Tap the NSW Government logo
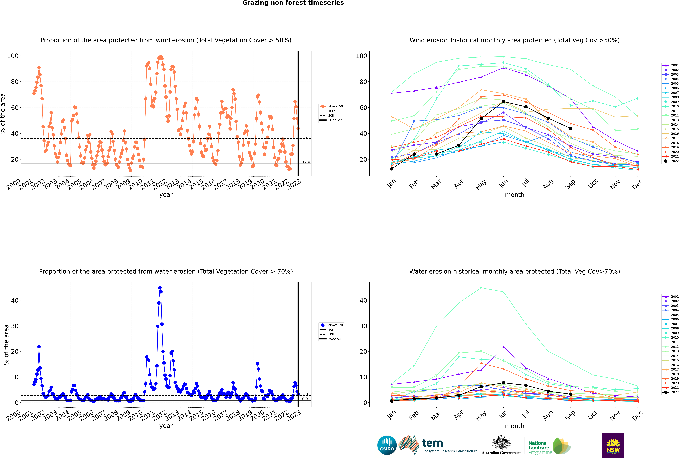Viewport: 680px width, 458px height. pos(613,445)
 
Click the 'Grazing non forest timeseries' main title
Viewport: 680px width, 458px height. pos(293,3)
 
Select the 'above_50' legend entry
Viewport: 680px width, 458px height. pos(332,106)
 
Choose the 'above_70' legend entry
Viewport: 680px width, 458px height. pos(332,325)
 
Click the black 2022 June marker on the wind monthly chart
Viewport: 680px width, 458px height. pos(503,102)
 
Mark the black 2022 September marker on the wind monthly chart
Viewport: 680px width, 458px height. pos(570,129)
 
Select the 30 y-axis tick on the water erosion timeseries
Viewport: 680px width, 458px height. pos(15,326)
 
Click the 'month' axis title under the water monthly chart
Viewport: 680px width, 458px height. pos(515,426)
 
